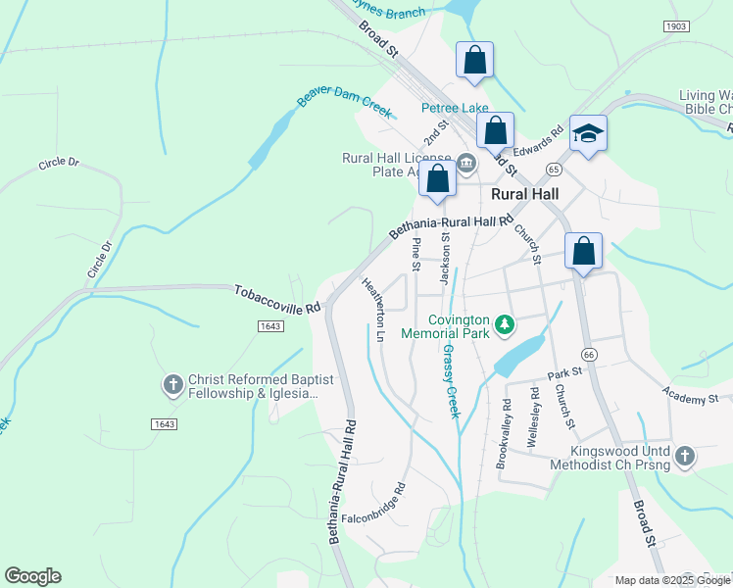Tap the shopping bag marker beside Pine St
[x=438, y=179]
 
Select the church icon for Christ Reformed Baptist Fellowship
[x=172, y=385]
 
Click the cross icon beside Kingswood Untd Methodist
[x=684, y=456]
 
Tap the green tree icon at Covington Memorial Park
[x=504, y=322]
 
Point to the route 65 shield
[x=554, y=169]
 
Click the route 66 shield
[x=588, y=353]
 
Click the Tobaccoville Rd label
[x=278, y=299]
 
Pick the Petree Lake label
[x=455, y=108]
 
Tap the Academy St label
[x=690, y=397]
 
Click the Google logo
[x=32, y=576]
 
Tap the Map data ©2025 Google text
[x=672, y=580]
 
